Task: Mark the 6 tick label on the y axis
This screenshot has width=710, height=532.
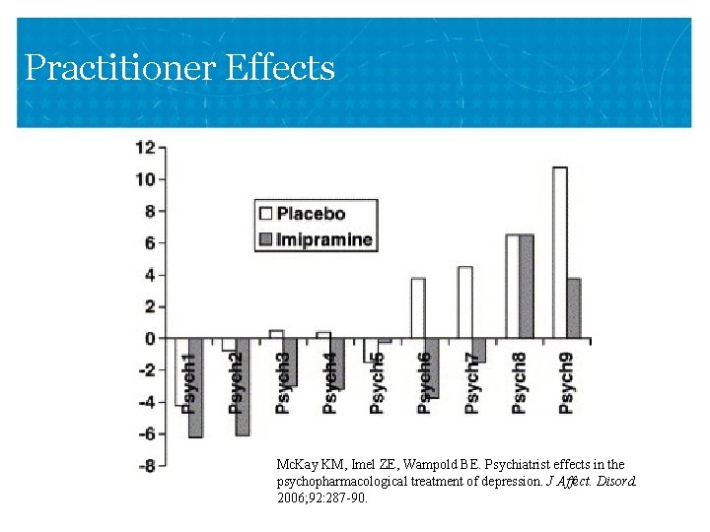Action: coord(149,243)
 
